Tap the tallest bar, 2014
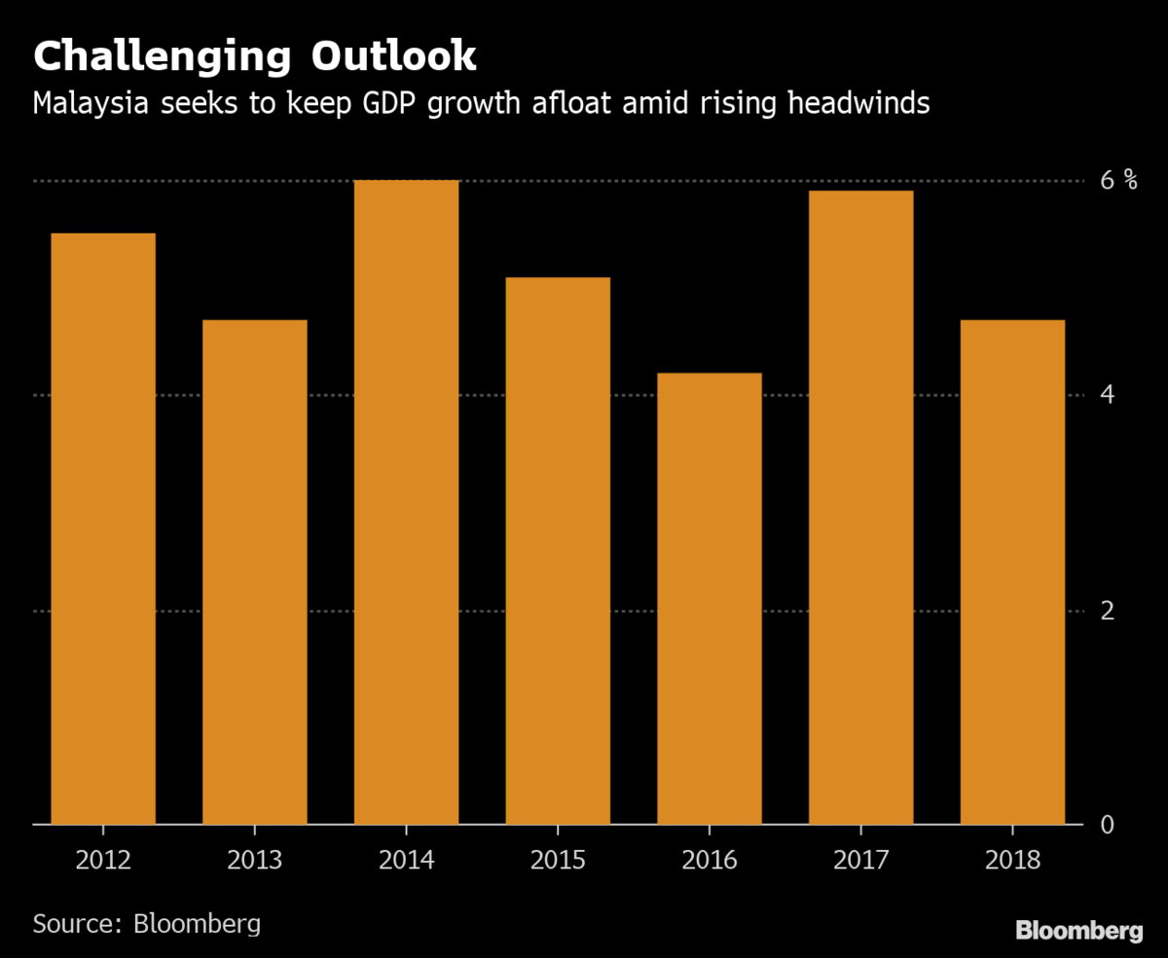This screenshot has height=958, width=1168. [406, 502]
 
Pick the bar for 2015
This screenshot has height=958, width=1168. [558, 550]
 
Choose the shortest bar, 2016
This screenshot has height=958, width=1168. [710, 598]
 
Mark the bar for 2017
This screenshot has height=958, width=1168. [860, 507]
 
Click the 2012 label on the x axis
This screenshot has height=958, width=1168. [103, 860]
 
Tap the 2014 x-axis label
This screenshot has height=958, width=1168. [406, 860]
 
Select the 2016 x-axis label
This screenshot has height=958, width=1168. [710, 860]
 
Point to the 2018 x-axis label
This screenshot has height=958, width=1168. [1012, 860]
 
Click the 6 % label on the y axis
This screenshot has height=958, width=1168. [1118, 180]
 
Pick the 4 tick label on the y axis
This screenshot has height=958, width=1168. [1108, 395]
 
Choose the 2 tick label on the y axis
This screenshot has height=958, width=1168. [1108, 611]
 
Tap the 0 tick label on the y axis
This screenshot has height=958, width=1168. [1108, 825]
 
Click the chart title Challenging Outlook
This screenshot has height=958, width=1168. [255, 56]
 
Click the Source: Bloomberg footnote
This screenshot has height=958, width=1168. [147, 922]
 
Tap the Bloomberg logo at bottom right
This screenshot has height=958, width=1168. [1079, 931]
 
